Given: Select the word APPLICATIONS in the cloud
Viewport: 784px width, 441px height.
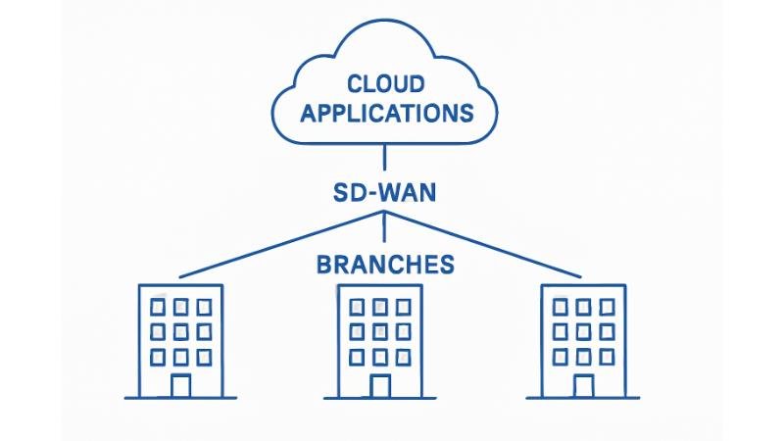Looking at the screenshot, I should click(386, 113).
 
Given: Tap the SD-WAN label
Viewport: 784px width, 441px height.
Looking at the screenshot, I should click(383, 190).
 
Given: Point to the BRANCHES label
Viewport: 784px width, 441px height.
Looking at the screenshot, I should click(385, 265).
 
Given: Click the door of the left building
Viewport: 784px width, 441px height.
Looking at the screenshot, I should click(179, 385).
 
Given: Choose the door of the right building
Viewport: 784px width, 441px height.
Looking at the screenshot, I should click(583, 385).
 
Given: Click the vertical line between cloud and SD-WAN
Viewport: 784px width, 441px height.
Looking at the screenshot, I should click(384, 157).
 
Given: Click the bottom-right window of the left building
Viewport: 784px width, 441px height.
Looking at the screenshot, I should click(204, 355).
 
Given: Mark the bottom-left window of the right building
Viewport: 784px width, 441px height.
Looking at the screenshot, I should click(561, 355).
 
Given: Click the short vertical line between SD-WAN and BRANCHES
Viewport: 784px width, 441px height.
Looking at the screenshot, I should click(384, 227).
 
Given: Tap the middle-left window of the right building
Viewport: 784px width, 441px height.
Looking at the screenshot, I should click(561, 331).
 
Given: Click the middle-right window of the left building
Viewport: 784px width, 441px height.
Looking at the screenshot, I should click(204, 331).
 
